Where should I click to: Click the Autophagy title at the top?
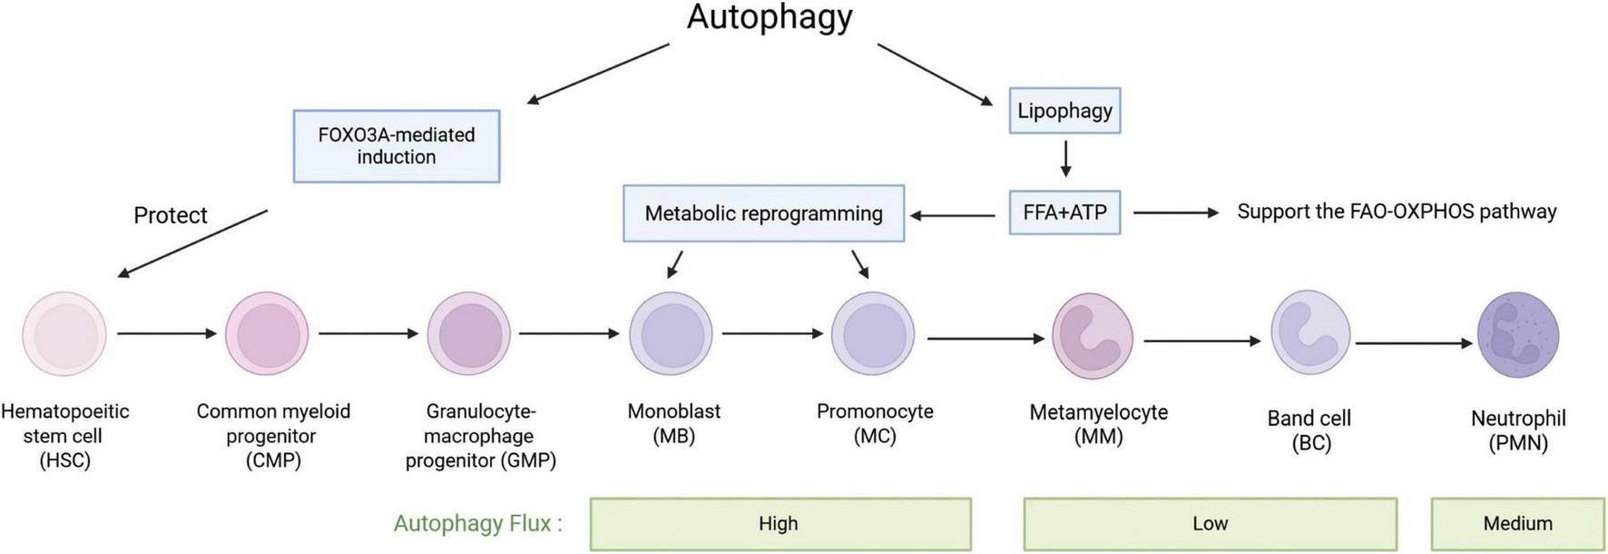coord(770,17)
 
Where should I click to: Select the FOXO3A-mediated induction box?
coord(397,146)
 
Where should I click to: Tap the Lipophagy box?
coord(1064,111)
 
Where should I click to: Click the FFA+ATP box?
coord(1064,213)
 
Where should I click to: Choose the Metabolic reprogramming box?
coord(763,213)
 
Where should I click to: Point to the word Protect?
coord(171,215)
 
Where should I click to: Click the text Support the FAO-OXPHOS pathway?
coord(1397,212)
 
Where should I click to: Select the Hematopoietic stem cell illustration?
coord(64,334)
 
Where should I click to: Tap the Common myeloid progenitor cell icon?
coord(267,334)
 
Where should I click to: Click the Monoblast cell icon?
coord(672,334)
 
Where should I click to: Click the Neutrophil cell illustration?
coord(1517,335)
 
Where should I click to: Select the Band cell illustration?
coord(1310,332)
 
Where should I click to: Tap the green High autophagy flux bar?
coord(779,524)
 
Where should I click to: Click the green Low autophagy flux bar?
coord(1210,524)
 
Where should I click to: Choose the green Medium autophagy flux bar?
coord(1517,524)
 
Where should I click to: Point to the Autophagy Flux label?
coord(477,524)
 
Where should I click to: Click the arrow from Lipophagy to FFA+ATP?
coord(1065,158)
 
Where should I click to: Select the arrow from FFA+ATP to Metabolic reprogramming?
coord(953,215)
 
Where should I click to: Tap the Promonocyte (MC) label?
coord(875,423)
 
